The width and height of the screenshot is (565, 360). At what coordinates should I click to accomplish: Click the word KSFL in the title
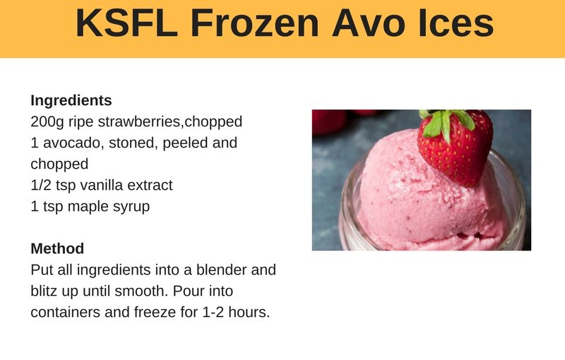[126, 23]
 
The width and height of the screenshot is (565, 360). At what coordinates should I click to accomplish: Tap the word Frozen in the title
[255, 23]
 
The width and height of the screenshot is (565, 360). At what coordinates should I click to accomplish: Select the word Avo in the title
[369, 23]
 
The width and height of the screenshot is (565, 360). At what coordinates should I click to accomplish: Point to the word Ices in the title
[456, 23]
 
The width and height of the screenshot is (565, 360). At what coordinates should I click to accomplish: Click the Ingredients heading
[71, 101]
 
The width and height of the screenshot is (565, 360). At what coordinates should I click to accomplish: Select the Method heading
[57, 248]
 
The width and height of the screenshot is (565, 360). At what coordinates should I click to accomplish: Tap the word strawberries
[141, 121]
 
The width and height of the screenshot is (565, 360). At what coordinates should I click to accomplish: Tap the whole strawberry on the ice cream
[455, 147]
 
